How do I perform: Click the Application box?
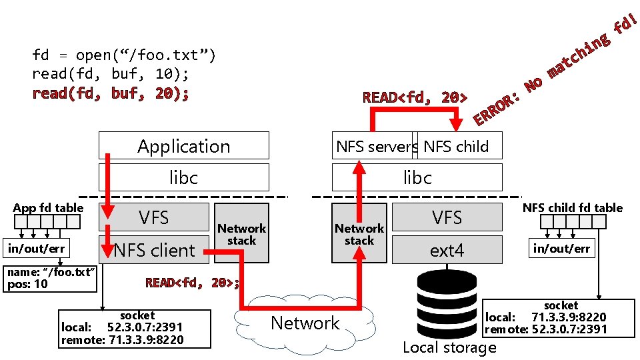point(184,145)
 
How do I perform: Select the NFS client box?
point(155,251)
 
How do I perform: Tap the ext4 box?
point(447,250)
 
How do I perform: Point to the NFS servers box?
point(375,146)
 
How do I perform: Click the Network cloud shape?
point(305,323)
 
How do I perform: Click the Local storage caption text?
point(449,347)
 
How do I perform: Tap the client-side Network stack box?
point(242,233)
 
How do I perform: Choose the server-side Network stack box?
point(359,233)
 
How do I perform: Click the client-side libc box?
point(184,177)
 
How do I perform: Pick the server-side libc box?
point(417,177)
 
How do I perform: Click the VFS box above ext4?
point(447,217)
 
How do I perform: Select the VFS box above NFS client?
point(155,217)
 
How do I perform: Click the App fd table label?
point(48,207)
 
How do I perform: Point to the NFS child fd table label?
point(572,207)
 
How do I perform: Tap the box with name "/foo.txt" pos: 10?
point(51,279)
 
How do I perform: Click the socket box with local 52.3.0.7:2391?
point(135,328)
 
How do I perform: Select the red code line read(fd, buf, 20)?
point(111,93)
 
